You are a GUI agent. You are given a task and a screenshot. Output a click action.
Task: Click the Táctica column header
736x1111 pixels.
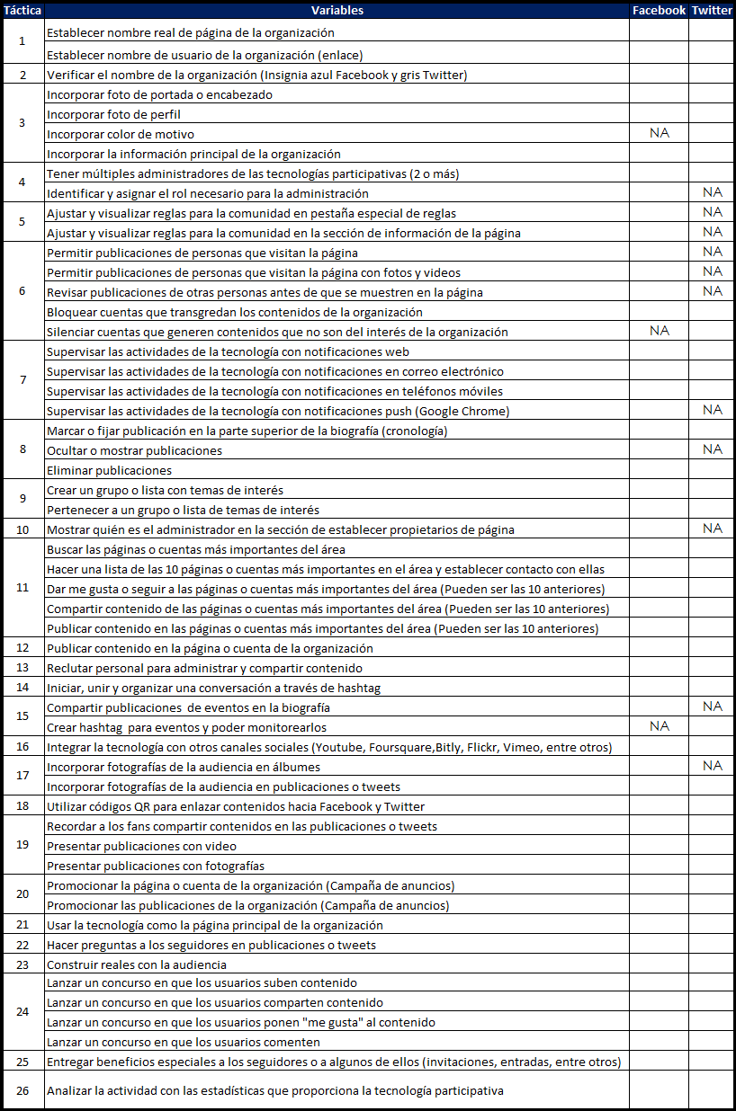(22, 10)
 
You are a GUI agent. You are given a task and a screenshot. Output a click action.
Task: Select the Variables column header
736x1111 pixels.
(337, 10)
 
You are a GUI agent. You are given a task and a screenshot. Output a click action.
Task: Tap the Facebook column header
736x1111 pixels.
(659, 10)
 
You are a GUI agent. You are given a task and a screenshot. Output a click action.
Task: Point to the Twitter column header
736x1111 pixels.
(712, 10)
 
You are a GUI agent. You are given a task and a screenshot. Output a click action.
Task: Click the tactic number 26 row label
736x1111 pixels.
(22, 1090)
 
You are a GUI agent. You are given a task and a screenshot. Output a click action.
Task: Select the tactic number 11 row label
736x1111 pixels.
(22, 588)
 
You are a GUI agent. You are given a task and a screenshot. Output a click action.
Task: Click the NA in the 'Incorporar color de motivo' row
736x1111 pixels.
(659, 133)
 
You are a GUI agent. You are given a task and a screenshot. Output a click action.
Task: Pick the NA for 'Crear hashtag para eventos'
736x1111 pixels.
(659, 726)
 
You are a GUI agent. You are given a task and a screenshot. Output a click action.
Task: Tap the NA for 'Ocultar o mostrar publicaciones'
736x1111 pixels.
(712, 449)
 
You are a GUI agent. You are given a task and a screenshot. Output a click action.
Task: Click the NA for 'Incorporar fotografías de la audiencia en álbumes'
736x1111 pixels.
(712, 766)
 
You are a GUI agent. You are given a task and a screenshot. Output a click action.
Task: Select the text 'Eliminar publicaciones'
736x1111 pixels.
(109, 470)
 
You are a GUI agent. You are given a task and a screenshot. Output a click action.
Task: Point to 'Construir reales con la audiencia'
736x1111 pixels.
(136, 964)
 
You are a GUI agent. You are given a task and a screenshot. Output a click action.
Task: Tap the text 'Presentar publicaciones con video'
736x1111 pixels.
(141, 846)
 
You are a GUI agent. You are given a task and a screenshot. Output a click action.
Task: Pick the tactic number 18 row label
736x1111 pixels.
(22, 806)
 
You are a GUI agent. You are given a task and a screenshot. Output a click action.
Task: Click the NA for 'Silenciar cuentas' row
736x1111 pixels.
(659, 331)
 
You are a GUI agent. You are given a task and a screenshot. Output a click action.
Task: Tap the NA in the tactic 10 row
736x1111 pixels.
(712, 529)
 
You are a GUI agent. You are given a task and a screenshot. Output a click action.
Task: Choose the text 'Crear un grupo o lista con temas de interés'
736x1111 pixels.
(165, 490)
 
